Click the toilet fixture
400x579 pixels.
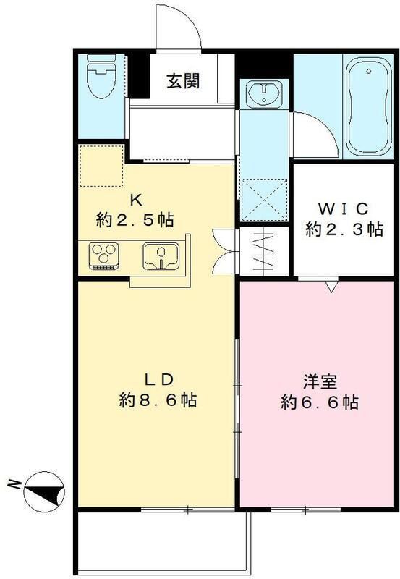pos(101,76)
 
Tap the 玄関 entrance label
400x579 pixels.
pos(183,81)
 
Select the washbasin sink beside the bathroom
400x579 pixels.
pos(264,93)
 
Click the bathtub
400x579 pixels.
pos(368,107)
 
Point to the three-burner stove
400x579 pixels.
pos(103,255)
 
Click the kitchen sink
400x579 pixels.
pos(161,255)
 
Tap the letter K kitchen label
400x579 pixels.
pos(135,200)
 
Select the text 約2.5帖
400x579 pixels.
pos(135,221)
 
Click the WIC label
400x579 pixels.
pos(343,209)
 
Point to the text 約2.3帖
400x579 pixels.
pos(344,229)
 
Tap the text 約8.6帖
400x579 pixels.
pos(158,400)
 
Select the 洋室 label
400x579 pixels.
pos(320,382)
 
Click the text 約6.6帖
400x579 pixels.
pos(320,402)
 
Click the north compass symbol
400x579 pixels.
pos(44,491)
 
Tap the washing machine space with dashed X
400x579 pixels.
pos(264,200)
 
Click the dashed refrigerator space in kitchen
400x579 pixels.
pos(101,166)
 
